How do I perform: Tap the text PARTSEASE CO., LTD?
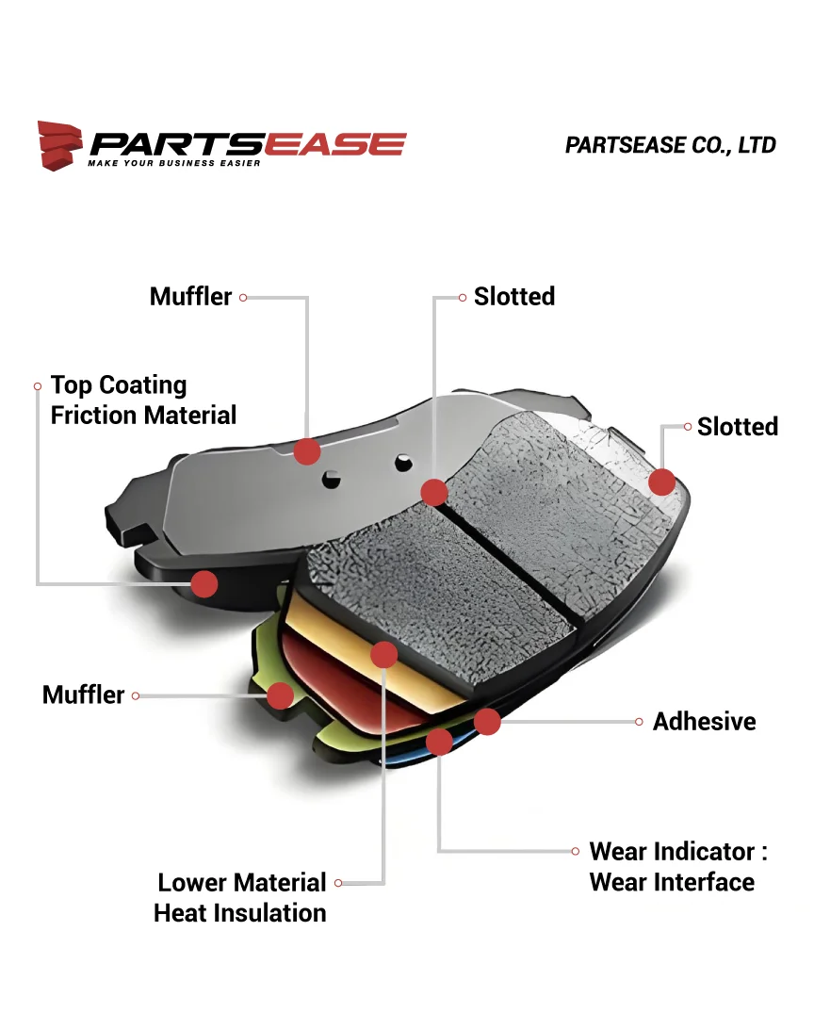coord(670,145)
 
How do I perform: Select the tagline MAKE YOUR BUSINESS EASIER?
coord(174,163)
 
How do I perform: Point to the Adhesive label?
coord(704,722)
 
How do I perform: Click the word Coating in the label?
coord(143,385)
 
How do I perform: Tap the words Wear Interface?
coord(672,883)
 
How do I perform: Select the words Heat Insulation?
coord(240,913)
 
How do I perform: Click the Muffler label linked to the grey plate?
coord(190,297)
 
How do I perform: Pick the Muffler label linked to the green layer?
coord(83,695)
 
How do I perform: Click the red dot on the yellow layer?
coord(384,654)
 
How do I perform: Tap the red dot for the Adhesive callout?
coord(487,722)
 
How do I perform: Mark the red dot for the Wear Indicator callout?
coord(439,742)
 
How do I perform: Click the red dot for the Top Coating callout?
coord(204,584)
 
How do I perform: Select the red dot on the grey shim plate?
coord(307,451)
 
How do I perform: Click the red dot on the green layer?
coord(280,695)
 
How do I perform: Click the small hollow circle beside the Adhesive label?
coord(640,722)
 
